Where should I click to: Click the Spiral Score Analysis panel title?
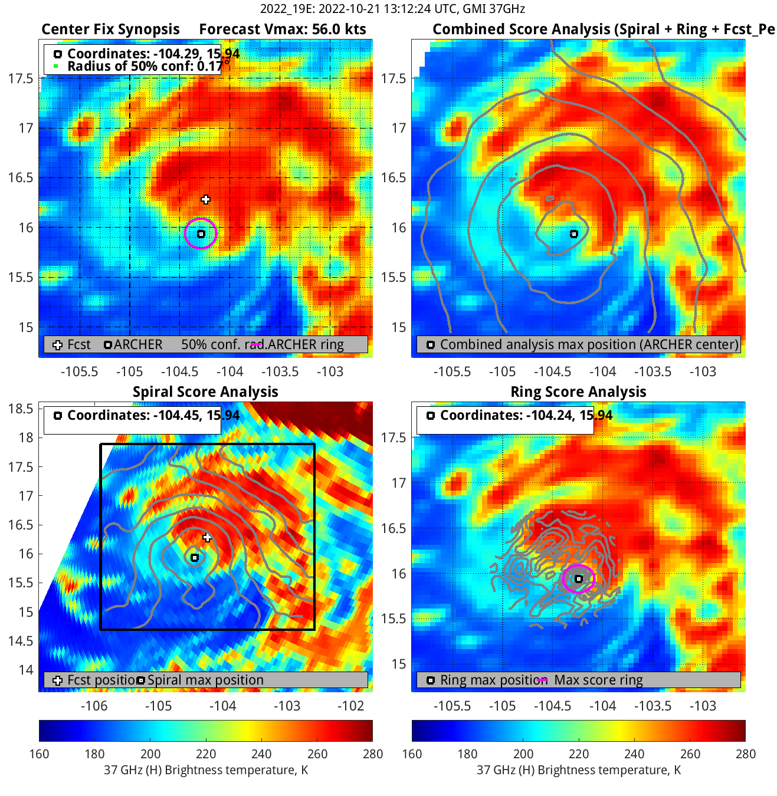tap(205, 392)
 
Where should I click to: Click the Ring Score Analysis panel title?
tap(578, 392)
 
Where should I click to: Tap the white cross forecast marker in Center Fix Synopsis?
tap(205, 199)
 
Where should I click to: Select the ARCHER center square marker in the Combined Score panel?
tap(573, 234)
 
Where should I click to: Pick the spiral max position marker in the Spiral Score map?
tap(195, 557)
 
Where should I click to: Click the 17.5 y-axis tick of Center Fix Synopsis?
tap(21, 78)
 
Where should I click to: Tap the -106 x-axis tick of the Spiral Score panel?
tap(94, 706)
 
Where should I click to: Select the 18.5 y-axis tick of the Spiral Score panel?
tap(21, 409)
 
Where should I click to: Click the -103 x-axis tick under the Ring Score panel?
tap(703, 706)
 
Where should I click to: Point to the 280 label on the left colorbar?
tap(373, 754)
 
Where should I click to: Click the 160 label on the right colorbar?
tap(412, 754)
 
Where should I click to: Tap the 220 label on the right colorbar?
tap(579, 754)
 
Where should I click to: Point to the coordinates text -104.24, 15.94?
tap(526, 415)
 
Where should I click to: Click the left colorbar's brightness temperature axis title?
tap(206, 770)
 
